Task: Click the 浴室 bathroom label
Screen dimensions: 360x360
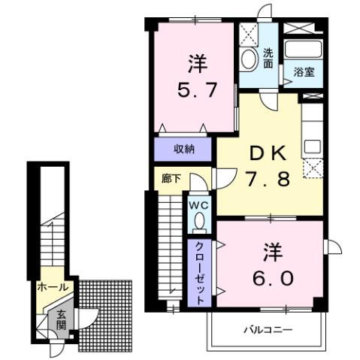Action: (304, 72)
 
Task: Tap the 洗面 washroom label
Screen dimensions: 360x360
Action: (268, 59)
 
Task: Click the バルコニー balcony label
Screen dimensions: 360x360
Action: (267, 329)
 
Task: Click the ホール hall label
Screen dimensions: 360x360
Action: (53, 287)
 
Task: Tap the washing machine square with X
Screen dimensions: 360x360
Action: (248, 35)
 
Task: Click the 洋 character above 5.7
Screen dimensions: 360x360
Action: (197, 63)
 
